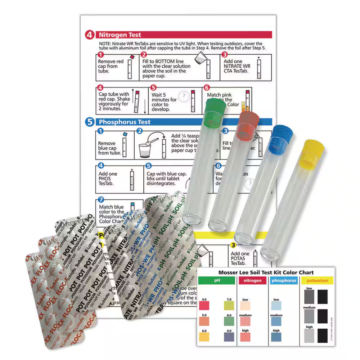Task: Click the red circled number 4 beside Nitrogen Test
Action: click(x=90, y=35)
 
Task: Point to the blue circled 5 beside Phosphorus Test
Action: click(x=90, y=122)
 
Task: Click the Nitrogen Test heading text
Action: click(x=120, y=35)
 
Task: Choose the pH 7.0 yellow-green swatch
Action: click(x=229, y=306)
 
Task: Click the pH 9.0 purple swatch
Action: click(x=229, y=337)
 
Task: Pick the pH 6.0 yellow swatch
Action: click(x=204, y=337)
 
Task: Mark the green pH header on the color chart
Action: click(x=216, y=280)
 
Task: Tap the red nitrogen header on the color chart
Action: click(x=252, y=280)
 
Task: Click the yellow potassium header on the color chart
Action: click(x=317, y=280)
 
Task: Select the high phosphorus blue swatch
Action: click(x=276, y=337)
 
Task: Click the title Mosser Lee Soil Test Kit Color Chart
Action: click(x=266, y=273)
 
